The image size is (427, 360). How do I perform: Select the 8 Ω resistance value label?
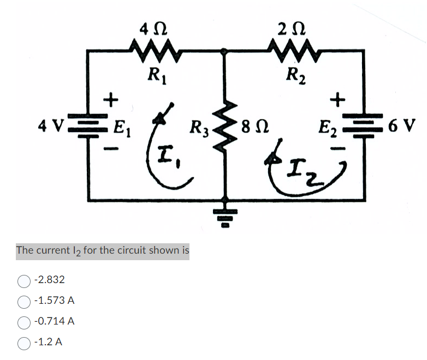(253, 129)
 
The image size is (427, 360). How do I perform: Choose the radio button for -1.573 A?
(24, 301)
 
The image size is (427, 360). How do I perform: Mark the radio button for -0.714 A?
(24, 322)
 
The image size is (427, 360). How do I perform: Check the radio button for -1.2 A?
(24, 343)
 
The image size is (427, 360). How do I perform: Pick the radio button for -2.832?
(24, 280)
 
